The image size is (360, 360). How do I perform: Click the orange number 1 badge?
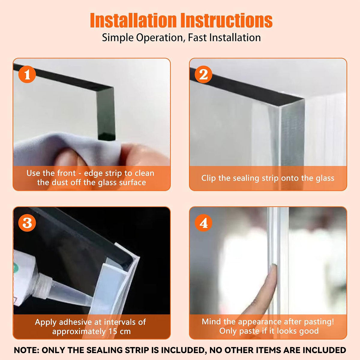pos(27,74)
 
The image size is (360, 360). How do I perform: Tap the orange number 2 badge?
pos(203,74)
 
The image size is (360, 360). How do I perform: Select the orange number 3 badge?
pos(27,223)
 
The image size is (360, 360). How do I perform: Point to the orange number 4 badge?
pos(203,223)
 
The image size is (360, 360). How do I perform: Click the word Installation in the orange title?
pos(133,20)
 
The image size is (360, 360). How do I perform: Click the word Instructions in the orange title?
pos(226,20)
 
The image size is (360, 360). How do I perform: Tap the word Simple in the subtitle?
pos(118,38)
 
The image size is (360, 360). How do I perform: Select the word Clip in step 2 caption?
pos(208,178)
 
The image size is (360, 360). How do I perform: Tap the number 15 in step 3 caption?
pos(113,331)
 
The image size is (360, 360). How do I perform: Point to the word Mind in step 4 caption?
pos(211,322)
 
